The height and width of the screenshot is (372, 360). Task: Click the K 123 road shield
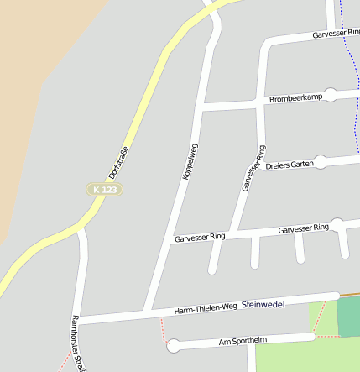tap(106, 190)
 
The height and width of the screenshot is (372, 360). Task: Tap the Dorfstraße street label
tap(119, 162)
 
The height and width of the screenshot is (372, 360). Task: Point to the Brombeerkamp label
tap(295, 98)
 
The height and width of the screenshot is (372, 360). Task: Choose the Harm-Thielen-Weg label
tap(206, 309)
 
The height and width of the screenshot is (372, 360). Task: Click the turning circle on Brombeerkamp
tap(331, 95)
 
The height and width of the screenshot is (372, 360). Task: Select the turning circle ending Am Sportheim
tap(174, 343)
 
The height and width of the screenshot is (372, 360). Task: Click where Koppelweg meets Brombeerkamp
tap(202, 107)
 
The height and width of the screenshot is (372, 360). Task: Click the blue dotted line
tap(348, 67)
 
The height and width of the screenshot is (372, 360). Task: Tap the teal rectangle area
tap(348, 317)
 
